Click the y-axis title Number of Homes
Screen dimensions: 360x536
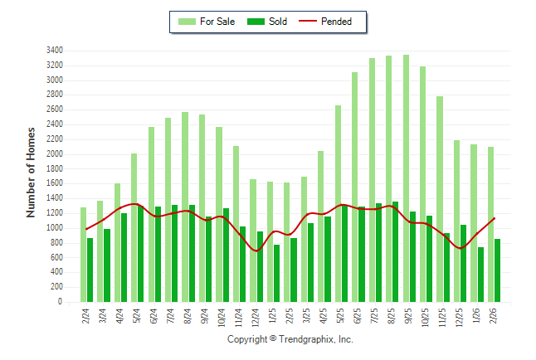click(x=31, y=173)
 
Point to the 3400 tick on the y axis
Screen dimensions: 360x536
click(x=54, y=51)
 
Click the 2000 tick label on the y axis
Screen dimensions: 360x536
click(x=54, y=154)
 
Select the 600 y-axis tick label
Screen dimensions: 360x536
click(x=56, y=258)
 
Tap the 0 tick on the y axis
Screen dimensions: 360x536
click(x=61, y=303)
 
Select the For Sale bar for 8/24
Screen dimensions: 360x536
click(x=185, y=207)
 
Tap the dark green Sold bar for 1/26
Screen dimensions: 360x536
click(x=480, y=275)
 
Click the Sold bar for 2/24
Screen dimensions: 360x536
click(x=90, y=270)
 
